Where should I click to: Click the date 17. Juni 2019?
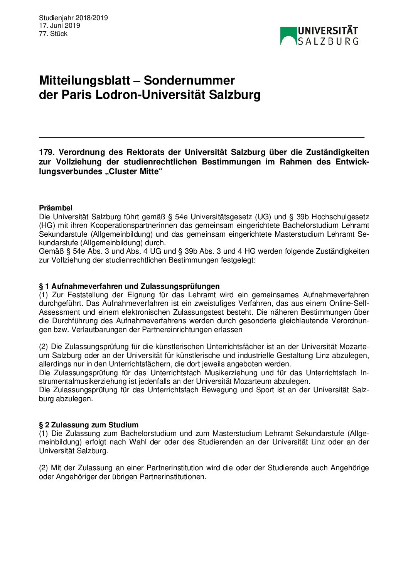coord(59,25)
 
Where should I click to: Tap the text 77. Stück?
coord(53,34)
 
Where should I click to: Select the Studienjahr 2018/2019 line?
coord(73,18)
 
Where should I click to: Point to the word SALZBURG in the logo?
coord(328,41)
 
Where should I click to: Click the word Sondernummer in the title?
coord(189,80)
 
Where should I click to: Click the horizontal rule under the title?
coord(201,137)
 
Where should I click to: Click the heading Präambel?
coord(56,208)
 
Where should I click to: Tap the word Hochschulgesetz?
coord(340,217)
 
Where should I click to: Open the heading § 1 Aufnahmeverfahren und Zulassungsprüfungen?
coord(129,286)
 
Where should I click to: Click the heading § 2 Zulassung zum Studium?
coord(89,425)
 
